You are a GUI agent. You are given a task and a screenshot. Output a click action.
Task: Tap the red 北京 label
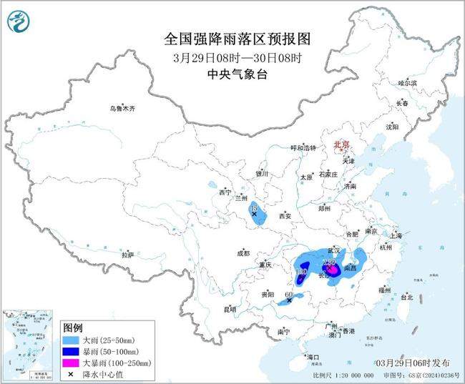tap(341, 145)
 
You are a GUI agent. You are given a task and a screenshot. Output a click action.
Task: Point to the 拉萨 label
tap(127, 255)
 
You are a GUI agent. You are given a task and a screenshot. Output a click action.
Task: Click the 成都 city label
tap(243, 253)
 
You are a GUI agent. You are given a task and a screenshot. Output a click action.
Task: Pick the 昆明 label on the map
tap(250, 309)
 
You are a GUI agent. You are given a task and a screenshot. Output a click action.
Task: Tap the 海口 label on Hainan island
tap(312, 356)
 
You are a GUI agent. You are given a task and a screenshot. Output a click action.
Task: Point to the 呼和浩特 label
tap(302, 147)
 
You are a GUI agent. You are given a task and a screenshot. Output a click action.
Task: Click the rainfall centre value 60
tap(288, 295)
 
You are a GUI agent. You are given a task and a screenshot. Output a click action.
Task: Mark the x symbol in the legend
tap(71, 374)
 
